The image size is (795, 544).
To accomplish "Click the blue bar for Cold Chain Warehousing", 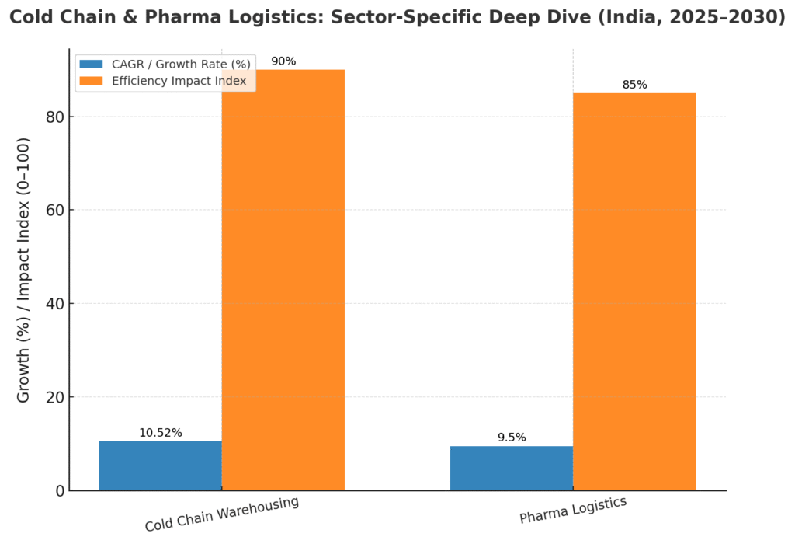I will (160, 466).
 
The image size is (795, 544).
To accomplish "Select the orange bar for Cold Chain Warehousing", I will (283, 280).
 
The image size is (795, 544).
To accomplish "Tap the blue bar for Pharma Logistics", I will (511, 468).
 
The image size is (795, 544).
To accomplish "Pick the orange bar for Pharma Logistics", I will (634, 291).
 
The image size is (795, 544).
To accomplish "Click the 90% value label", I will (283, 61).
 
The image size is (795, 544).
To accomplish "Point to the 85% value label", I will (634, 85).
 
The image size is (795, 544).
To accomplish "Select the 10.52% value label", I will (160, 433).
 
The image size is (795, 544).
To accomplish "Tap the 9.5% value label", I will (511, 438).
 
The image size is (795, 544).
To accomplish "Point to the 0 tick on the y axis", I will (57, 490).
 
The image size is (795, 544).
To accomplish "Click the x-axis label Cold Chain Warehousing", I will (221, 514).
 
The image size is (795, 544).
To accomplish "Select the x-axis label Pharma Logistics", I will (572, 511).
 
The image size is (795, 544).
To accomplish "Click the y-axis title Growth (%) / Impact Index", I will (24, 270).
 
